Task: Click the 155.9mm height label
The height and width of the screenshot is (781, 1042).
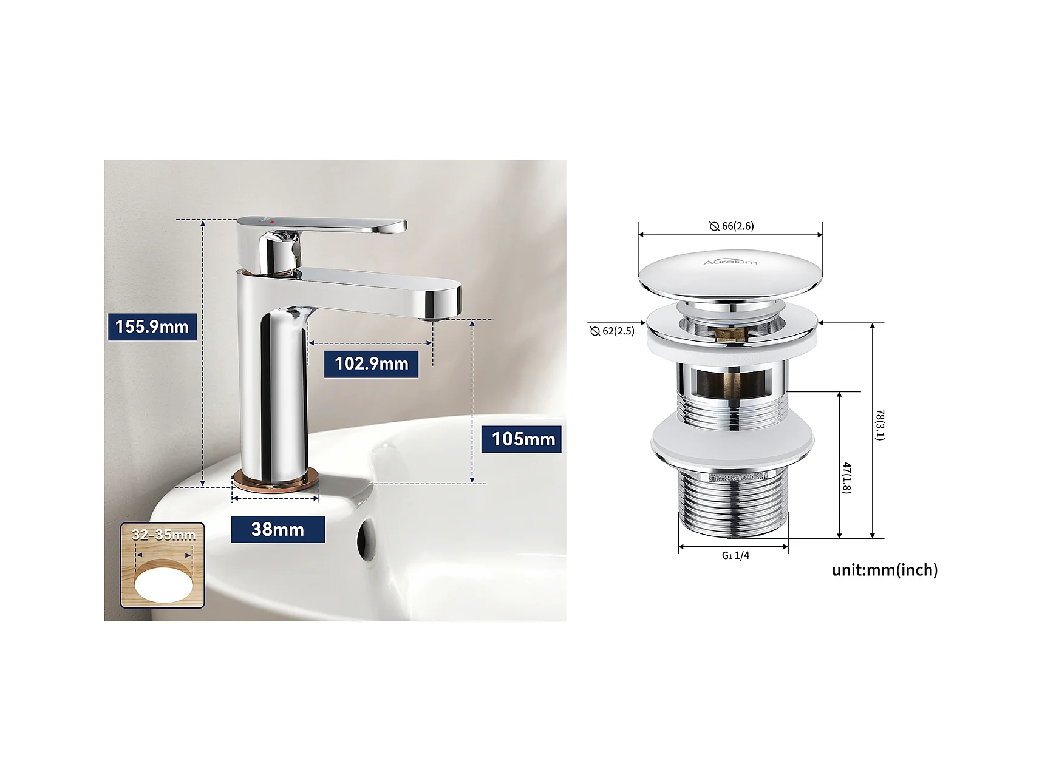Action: tap(152, 326)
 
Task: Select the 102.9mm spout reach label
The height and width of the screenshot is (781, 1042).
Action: tap(371, 363)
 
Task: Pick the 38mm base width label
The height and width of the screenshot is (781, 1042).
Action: tap(278, 529)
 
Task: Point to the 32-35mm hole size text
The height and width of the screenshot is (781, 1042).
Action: tap(163, 535)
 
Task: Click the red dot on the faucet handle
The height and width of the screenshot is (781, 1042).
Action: tap(273, 223)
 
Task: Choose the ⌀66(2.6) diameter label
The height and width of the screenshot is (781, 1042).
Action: tap(732, 226)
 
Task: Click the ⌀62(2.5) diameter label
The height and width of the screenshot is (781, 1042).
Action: tap(612, 331)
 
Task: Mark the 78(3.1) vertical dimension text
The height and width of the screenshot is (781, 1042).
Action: tap(879, 424)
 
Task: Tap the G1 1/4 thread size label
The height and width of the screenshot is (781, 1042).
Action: tap(735, 555)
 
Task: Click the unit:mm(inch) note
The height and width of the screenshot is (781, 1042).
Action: tap(885, 570)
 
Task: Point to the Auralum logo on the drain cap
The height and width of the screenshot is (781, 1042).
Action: tap(730, 262)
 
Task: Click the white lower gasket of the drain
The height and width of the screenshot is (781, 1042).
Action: tap(732, 442)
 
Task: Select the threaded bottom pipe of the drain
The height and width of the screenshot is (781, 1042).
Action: tap(733, 502)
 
